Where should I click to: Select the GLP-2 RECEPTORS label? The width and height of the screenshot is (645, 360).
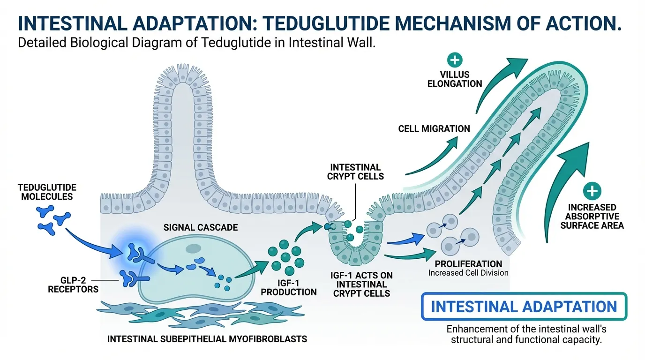click(x=73, y=284)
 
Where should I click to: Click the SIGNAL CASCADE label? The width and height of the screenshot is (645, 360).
click(x=201, y=227)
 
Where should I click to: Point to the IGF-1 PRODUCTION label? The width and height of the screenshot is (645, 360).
click(x=289, y=287)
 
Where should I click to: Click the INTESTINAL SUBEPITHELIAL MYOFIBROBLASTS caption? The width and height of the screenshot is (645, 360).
click(x=207, y=338)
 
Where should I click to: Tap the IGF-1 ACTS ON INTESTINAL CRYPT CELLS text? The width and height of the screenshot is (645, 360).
click(x=361, y=284)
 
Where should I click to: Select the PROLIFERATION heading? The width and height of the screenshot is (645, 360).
click(x=468, y=264)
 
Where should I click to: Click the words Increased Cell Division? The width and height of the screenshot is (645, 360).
click(x=468, y=273)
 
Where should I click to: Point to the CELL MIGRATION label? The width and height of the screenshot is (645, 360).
click(x=434, y=128)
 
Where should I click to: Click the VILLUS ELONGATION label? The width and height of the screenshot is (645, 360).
click(x=455, y=79)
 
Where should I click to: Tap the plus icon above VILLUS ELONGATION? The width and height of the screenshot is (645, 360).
click(x=455, y=60)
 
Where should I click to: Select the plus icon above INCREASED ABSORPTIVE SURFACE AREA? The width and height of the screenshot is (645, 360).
click(x=592, y=191)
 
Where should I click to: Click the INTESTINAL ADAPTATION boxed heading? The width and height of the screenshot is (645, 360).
click(x=524, y=307)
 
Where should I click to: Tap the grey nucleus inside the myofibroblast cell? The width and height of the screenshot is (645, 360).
click(x=193, y=248)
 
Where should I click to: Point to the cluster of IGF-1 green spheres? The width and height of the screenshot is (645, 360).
click(x=285, y=256)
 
